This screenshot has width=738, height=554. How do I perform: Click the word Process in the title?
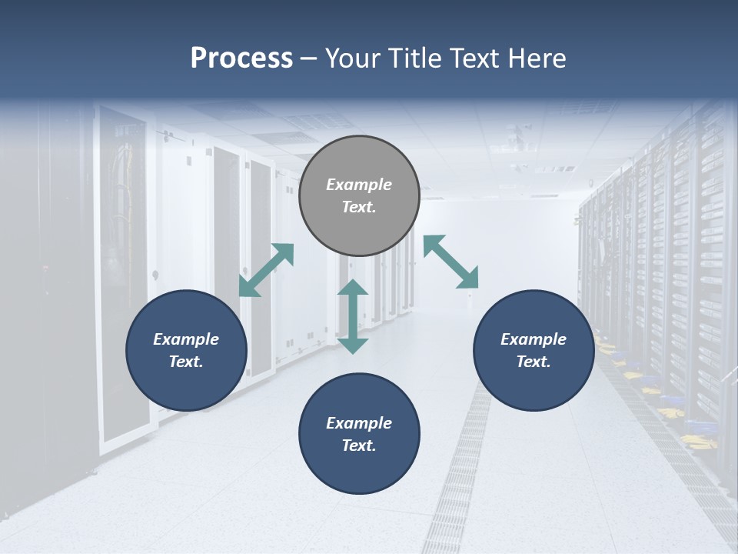pos(241,58)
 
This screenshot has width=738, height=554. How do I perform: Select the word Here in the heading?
pos(538,58)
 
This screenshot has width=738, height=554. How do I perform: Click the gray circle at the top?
pos(359,195)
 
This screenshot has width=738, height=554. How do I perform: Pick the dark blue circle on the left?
pos(186,350)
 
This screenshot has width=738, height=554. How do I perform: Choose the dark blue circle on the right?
pos(534,350)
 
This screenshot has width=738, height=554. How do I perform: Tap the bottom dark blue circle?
pos(359,434)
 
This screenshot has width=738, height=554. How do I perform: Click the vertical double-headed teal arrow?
pos(353,316)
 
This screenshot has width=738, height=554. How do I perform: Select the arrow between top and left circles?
pos(267,270)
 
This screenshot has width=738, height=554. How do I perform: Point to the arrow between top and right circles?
pos(450,262)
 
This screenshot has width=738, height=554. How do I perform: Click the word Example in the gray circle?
pos(359,185)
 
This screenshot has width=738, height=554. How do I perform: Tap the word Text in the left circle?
pos(186,362)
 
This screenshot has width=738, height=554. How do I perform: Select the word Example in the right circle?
pos(534,339)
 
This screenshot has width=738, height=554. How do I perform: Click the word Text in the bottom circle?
pos(359,446)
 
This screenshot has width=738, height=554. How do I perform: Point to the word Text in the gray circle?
pos(359,207)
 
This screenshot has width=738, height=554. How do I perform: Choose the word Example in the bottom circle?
pos(359,423)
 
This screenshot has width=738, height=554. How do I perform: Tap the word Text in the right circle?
pos(534,362)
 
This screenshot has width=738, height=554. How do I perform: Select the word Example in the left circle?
pos(186,339)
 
